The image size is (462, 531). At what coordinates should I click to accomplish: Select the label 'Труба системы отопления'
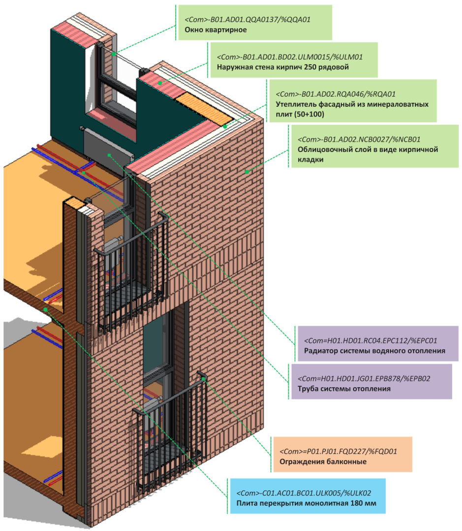(x=344, y=388)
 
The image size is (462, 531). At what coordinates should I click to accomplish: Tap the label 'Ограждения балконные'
(x=323, y=462)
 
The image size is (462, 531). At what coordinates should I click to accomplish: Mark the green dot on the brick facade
(x=247, y=171)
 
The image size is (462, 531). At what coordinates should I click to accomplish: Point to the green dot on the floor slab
(x=45, y=309)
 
